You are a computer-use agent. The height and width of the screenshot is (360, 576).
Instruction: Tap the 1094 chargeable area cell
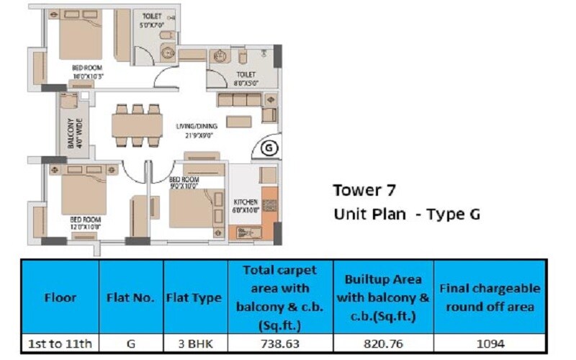coord(489,345)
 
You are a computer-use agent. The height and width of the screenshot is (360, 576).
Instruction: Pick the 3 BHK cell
coord(194,345)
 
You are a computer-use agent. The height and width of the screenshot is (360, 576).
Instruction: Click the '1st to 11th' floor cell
coord(60,345)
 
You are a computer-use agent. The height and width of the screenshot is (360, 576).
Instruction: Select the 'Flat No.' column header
coord(131,297)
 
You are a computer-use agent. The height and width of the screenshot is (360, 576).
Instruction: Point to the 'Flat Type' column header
coord(194,297)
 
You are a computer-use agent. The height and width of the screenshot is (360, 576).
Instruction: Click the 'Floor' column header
coord(60,297)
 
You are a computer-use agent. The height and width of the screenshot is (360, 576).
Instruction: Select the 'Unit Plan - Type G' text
coord(406,214)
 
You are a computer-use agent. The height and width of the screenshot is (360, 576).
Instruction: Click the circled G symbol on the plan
coord(268,149)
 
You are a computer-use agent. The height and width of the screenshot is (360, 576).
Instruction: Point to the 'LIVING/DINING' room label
coord(197,130)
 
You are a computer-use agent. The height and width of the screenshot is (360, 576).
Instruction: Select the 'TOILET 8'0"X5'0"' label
coord(246,78)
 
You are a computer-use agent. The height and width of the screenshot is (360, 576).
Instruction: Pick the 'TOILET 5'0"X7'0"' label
coord(153,19)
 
